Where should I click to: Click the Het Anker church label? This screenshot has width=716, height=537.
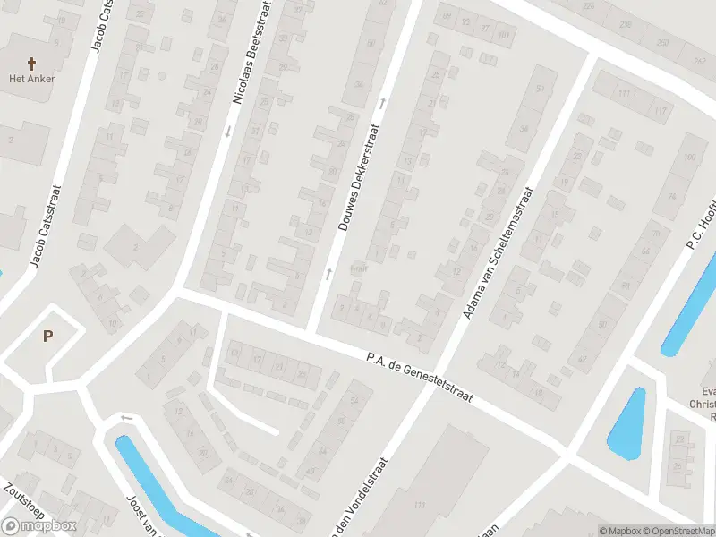[32, 79]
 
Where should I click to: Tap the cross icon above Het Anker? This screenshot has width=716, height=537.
[32, 64]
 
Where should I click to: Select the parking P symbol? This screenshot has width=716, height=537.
[47, 337]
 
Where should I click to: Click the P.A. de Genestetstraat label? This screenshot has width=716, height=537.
[419, 377]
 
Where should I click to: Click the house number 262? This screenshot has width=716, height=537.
[699, 62]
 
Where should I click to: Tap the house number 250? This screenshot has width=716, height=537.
[661, 43]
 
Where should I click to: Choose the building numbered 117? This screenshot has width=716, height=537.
[661, 110]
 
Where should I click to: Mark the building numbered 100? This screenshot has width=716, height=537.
[689, 158]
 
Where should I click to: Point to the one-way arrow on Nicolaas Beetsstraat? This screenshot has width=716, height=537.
[227, 132]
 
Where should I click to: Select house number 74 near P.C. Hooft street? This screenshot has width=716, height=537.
[671, 197]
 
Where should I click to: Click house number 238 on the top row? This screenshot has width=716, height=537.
[625, 25]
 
